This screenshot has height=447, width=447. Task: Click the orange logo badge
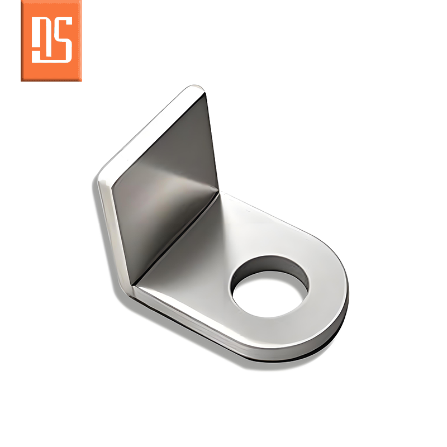click(x=51, y=41)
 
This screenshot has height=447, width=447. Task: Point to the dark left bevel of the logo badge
click(x=22, y=41)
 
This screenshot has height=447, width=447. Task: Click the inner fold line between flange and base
click(x=177, y=238)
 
